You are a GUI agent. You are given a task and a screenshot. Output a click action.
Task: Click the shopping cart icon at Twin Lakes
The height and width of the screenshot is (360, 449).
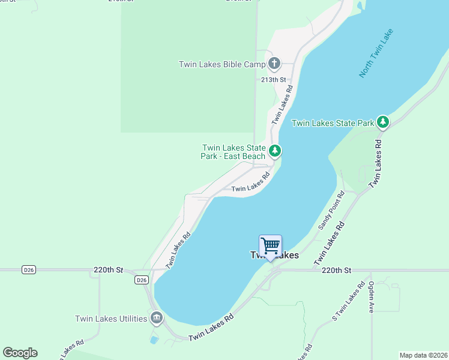[x=270, y=245]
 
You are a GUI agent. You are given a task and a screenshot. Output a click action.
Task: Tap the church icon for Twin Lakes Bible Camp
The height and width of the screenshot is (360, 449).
[x=274, y=64]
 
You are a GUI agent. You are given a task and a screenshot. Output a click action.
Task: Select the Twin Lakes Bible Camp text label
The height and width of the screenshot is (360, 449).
[x=222, y=64]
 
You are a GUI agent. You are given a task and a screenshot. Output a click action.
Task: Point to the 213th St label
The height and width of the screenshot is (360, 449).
[x=274, y=79]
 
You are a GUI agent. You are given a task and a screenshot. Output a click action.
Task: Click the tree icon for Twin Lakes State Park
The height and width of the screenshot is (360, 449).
[x=383, y=122]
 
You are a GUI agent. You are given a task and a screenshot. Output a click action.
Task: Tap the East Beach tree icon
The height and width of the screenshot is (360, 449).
[x=274, y=150]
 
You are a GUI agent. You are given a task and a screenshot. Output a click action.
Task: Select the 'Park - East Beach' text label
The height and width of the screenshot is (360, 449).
[x=233, y=157]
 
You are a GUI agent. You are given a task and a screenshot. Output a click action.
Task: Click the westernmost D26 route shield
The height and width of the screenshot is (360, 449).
[x=29, y=270]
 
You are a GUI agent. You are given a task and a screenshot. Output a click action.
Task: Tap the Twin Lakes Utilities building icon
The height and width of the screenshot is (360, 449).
[x=156, y=318]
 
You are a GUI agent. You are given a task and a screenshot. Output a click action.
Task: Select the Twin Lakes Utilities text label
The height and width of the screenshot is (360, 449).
[x=111, y=319]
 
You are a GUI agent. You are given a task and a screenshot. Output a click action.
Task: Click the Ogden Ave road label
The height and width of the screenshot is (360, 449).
[x=372, y=296]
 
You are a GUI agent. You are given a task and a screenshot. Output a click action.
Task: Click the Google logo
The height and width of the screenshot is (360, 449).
[x=20, y=353]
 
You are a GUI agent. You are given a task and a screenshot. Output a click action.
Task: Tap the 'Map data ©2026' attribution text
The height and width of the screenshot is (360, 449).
[x=423, y=355]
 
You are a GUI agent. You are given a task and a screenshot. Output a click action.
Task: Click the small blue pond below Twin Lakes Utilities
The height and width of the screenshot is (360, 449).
[x=154, y=340]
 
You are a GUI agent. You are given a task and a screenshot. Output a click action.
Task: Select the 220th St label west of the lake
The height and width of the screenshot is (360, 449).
[x=108, y=270]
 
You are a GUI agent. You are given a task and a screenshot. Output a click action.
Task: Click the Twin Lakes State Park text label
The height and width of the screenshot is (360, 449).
[x=332, y=123]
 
